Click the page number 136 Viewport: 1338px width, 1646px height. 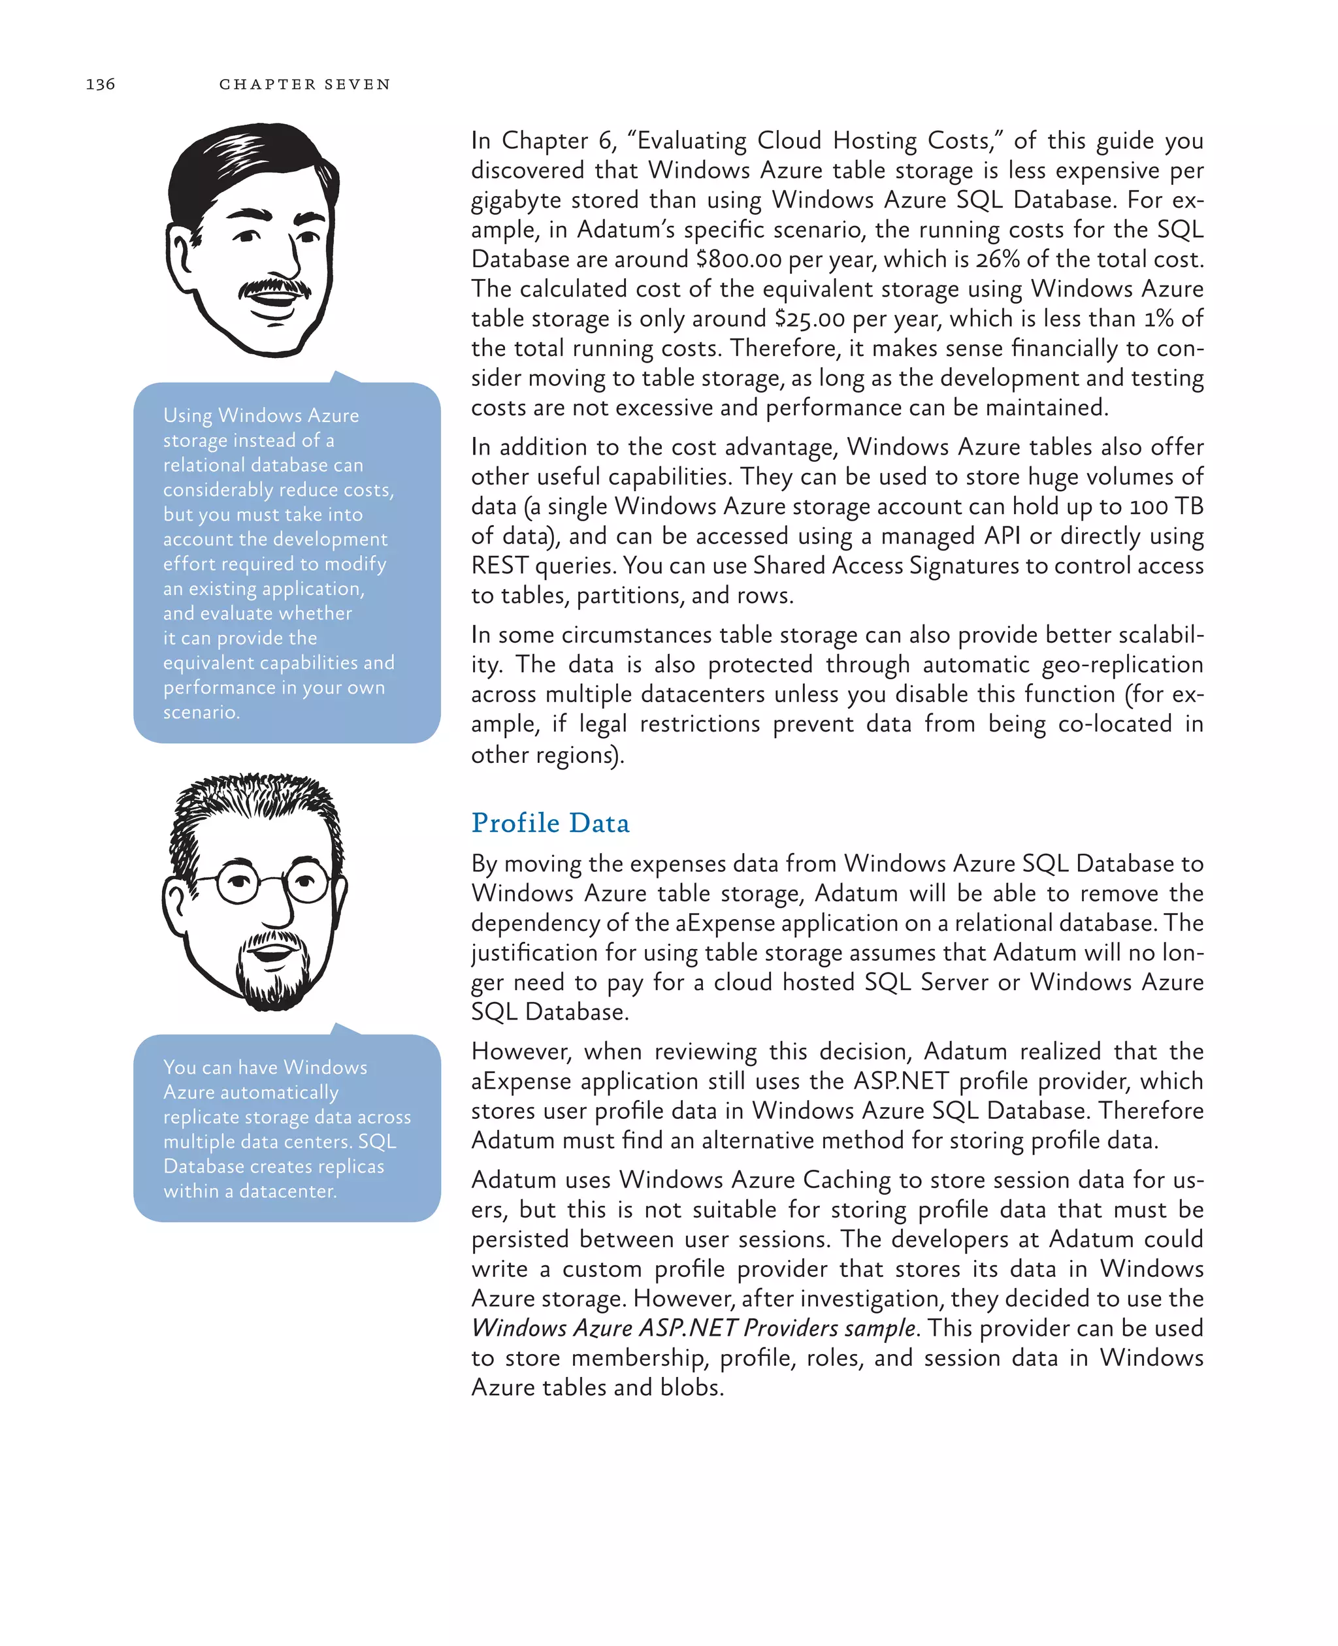click(x=100, y=84)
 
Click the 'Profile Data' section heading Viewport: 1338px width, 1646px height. click(x=550, y=823)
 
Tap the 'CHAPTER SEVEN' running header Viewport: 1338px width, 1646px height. click(x=304, y=84)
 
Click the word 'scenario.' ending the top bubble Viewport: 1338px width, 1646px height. click(x=201, y=712)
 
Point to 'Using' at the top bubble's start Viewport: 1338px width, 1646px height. click(x=188, y=415)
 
